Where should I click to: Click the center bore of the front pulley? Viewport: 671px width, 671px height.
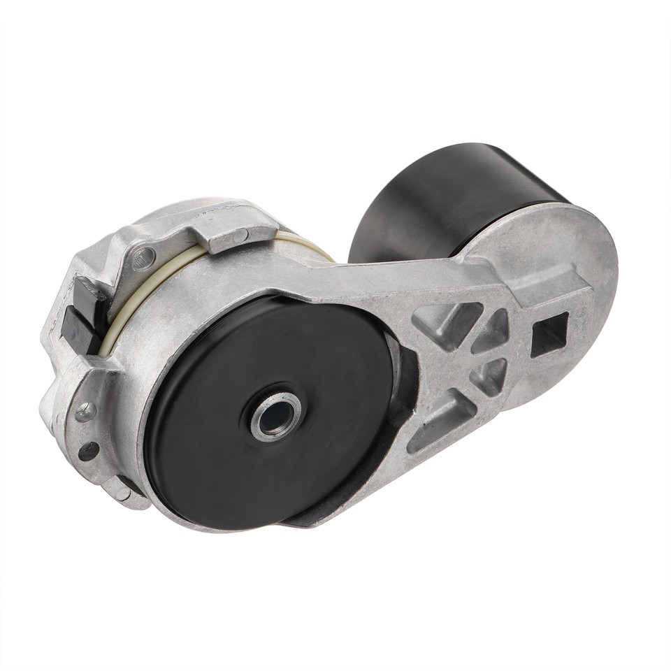click(x=276, y=417)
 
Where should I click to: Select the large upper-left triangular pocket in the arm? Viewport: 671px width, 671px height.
click(x=447, y=322)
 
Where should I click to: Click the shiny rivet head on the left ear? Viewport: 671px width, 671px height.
click(x=86, y=412)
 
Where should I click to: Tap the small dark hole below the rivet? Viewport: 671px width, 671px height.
click(x=89, y=451)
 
